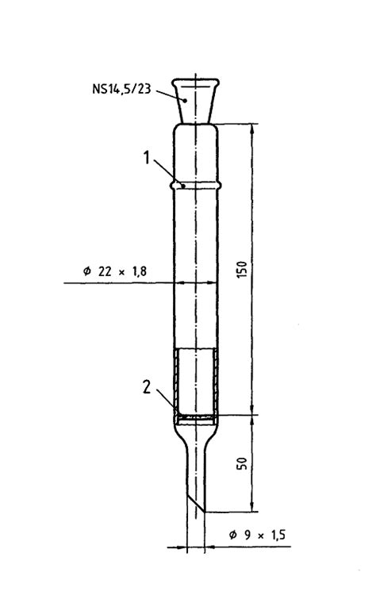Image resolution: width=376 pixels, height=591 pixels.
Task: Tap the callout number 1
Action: (146, 158)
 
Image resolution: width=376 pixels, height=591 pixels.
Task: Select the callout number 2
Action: (146, 387)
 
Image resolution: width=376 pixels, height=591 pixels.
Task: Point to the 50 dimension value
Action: (242, 462)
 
